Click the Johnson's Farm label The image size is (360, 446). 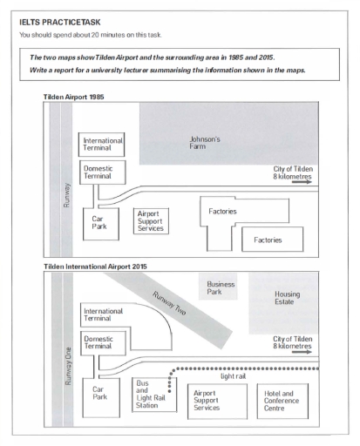[x=205, y=143]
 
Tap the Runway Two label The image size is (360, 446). [x=169, y=303]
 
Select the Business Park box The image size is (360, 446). [x=218, y=287]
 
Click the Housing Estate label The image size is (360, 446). [x=288, y=298]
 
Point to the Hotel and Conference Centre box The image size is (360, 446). [x=282, y=401]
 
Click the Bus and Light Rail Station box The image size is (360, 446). [x=154, y=395]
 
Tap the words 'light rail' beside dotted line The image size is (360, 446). [x=233, y=376]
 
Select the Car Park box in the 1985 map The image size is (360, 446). [x=101, y=224]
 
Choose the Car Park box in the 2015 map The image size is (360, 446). [x=101, y=397]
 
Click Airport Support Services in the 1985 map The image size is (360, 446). [x=151, y=221]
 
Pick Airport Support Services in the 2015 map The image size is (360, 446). [x=217, y=401]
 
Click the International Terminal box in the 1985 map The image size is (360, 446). [x=101, y=145]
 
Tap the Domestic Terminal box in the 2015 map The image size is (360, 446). [x=103, y=343]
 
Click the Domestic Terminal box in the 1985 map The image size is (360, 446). [x=103, y=172]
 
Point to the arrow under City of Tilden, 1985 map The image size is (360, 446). [x=302, y=182]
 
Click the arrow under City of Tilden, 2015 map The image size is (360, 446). [x=302, y=352]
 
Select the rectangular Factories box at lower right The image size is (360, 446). [x=273, y=240]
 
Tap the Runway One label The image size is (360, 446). [x=68, y=366]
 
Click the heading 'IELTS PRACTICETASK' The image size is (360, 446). [x=60, y=23]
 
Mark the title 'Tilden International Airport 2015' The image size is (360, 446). [x=95, y=267]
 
